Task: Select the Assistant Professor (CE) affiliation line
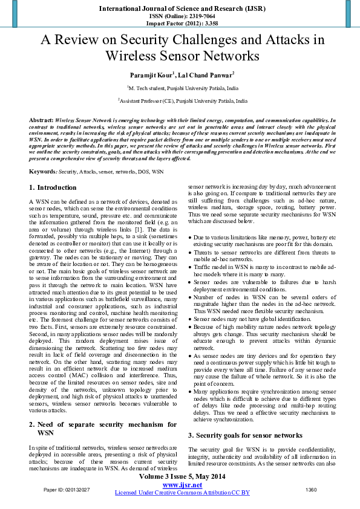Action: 182,102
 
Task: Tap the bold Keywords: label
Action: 44,172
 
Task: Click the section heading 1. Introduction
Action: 53,188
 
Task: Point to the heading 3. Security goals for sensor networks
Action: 244,418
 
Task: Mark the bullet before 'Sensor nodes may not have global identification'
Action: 191,319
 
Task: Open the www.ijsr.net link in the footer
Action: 182,485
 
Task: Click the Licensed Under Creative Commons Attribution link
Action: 182,493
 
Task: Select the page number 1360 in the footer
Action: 311,489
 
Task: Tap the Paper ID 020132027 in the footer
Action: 67,489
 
